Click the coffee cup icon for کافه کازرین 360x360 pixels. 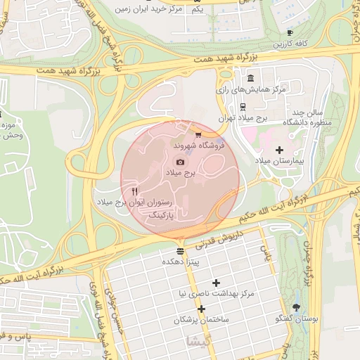click(290, 33)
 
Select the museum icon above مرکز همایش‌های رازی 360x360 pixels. click(251, 78)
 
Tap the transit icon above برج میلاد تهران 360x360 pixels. click(243, 107)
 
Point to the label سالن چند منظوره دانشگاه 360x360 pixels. click(307, 118)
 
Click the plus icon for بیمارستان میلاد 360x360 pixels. click(279, 150)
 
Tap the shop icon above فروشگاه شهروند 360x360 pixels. click(198, 134)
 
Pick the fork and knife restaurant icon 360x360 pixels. click(134, 191)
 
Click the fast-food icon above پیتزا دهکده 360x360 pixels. click(181, 250)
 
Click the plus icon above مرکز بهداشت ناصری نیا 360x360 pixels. click(216, 283)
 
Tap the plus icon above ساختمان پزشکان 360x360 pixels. click(202, 309)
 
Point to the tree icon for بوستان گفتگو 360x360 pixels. click(296, 307)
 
